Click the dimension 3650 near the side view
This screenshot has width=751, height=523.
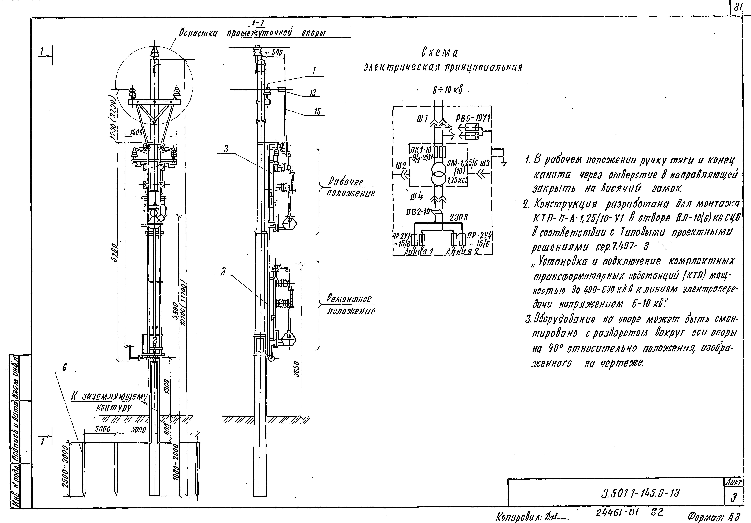[x=296, y=370]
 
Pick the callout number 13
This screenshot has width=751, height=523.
[x=313, y=93]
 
